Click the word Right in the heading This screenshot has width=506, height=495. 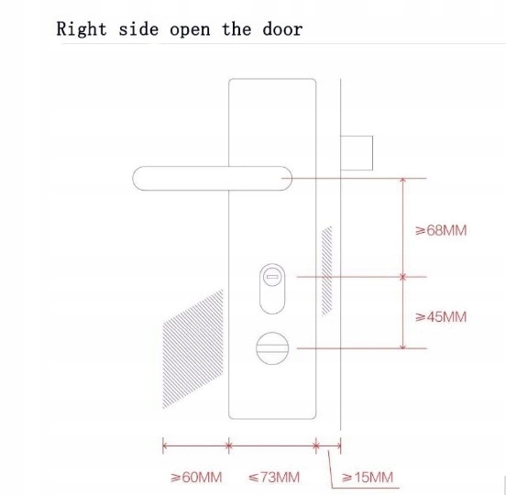point(82,29)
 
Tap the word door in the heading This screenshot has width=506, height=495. point(282,29)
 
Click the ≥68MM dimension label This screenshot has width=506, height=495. point(441,230)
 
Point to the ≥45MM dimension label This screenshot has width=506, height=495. point(441,317)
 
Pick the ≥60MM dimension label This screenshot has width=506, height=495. point(196,478)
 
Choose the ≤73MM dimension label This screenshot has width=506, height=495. point(274,478)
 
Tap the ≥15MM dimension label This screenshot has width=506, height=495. point(368,478)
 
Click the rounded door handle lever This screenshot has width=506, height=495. point(213,179)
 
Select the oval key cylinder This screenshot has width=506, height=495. point(272,289)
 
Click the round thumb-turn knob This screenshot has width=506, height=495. point(272,348)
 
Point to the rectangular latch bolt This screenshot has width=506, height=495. point(357,153)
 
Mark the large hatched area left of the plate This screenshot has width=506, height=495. point(193,348)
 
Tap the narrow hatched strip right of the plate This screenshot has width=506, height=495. point(327,271)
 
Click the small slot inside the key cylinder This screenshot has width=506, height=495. point(272,277)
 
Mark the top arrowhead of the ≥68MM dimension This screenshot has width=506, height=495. point(402,180)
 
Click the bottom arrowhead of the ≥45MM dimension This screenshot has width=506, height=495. point(402,346)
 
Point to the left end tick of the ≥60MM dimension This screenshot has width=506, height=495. point(163,445)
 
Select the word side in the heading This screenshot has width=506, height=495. point(138,29)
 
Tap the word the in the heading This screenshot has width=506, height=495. point(236,29)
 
